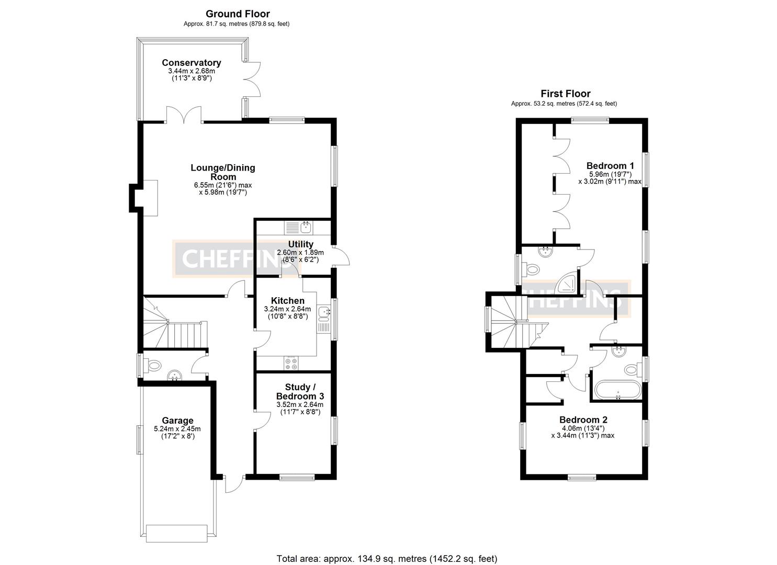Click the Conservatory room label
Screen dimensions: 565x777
[x=191, y=63]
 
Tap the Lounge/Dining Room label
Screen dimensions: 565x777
[x=222, y=172]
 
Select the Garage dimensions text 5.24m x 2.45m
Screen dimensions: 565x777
[x=177, y=428]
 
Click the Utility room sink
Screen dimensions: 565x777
[x=306, y=228]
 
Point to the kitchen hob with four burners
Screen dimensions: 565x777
[x=290, y=363]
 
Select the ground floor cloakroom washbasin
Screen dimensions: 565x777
[x=174, y=376]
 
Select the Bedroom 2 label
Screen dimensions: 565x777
[x=583, y=420]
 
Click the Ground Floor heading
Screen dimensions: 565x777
[x=238, y=14]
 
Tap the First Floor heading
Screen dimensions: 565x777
[x=565, y=94]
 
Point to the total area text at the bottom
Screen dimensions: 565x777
[x=387, y=558]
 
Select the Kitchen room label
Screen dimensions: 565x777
[x=287, y=301]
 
